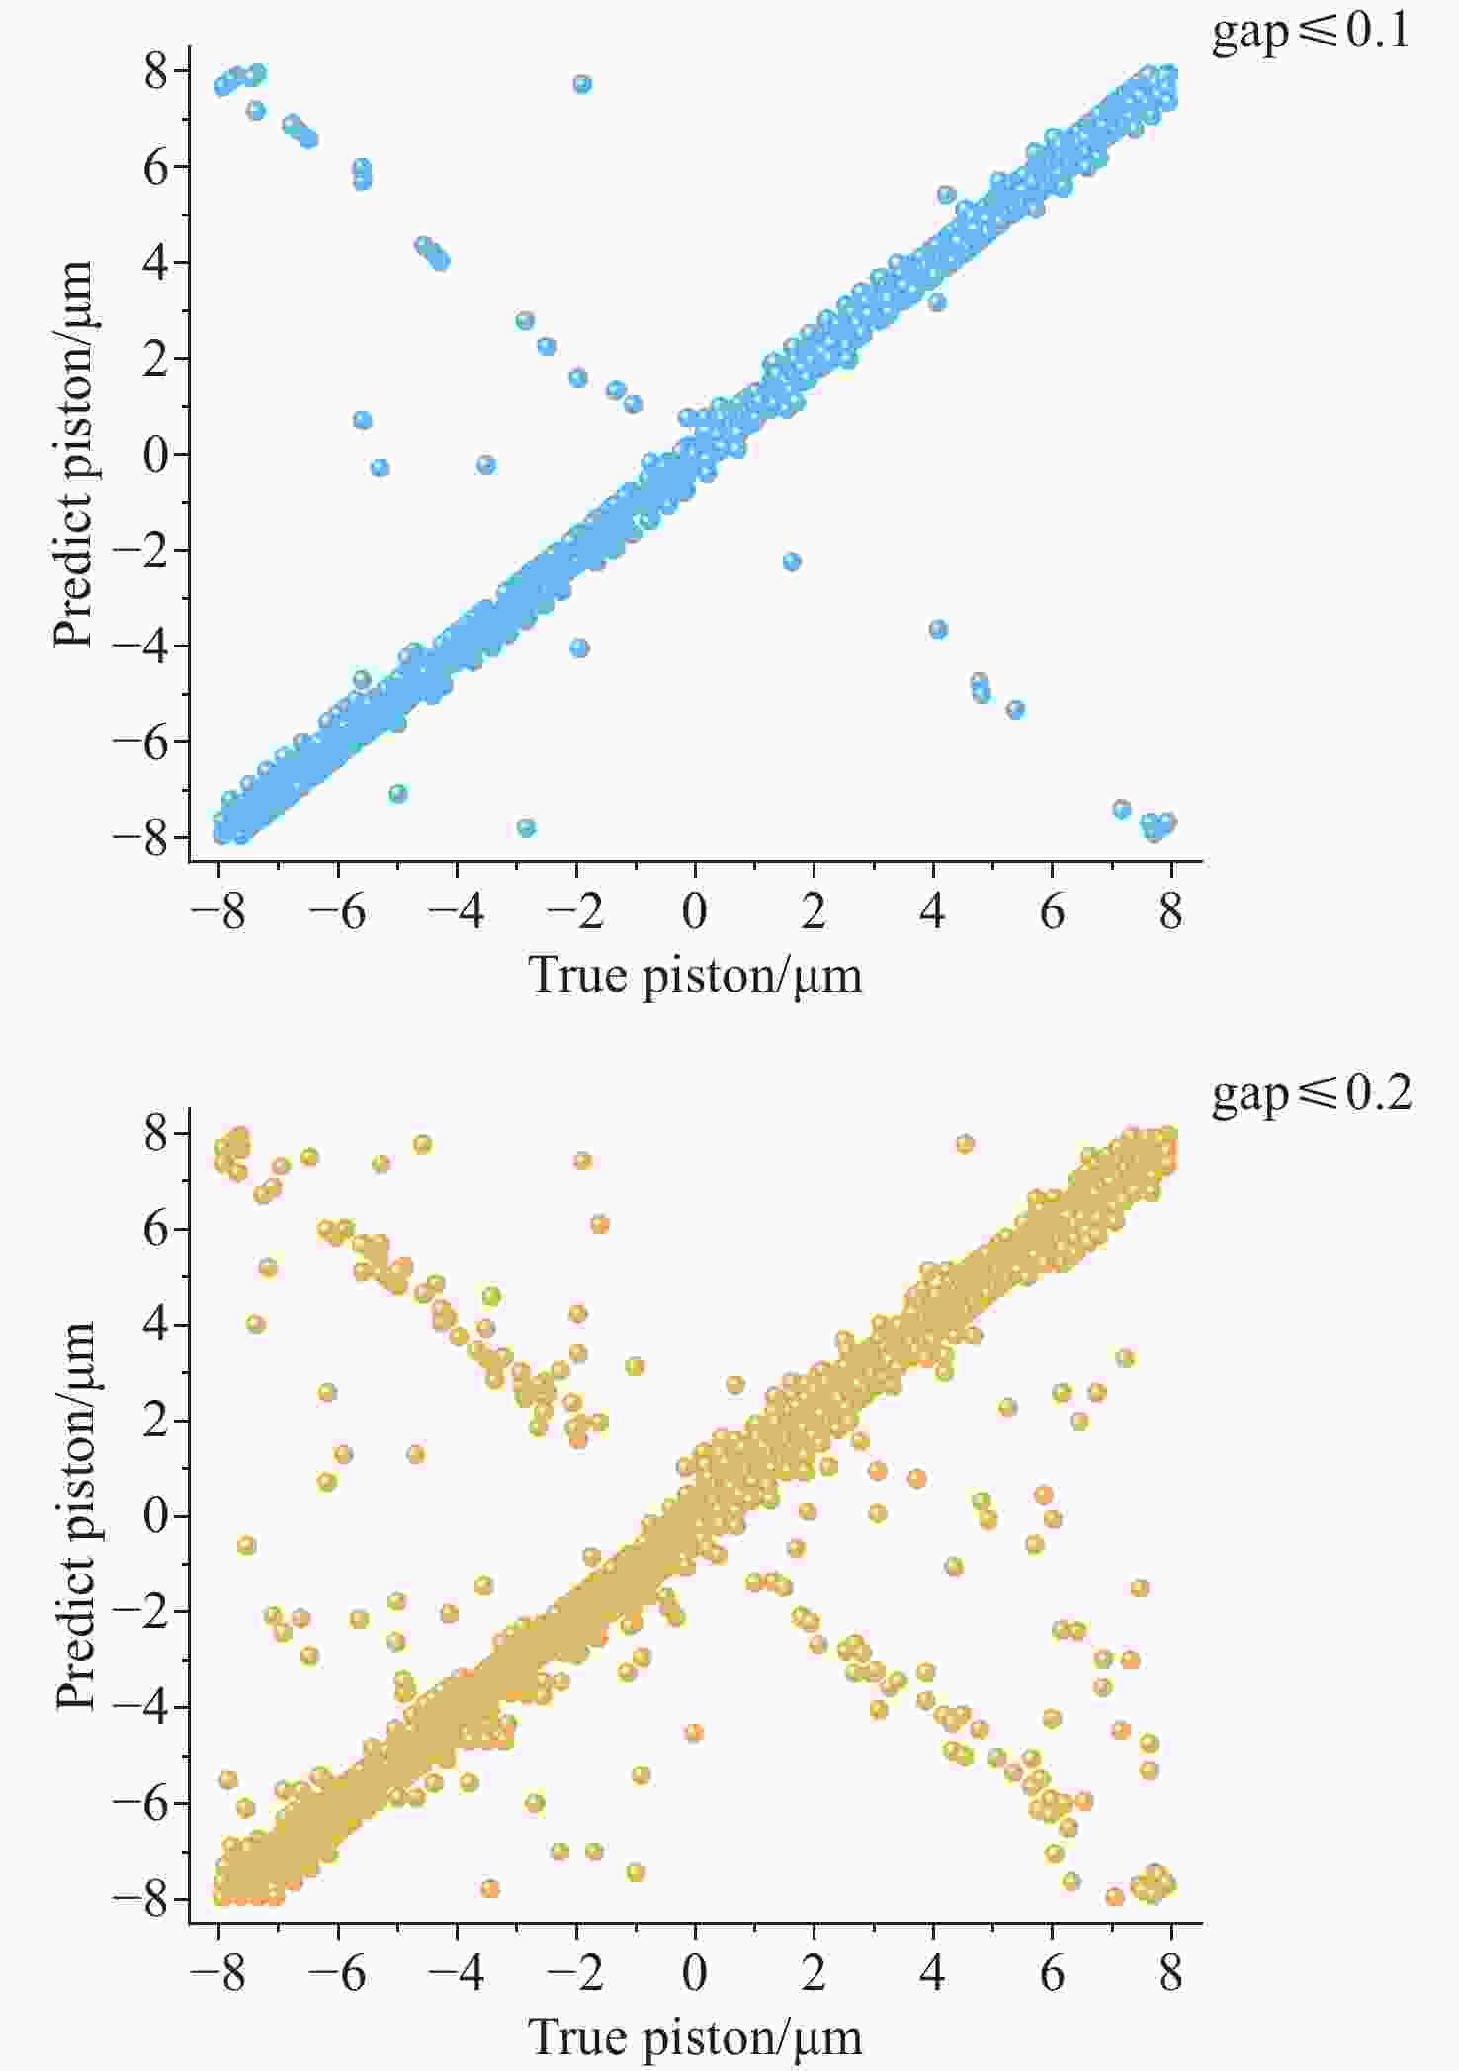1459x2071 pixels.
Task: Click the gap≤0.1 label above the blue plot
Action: pyautogui.click(x=1311, y=34)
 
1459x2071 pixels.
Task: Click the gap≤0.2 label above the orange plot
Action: pyautogui.click(x=1311, y=1093)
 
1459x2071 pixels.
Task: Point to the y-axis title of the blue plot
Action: pyautogui.click(x=73, y=455)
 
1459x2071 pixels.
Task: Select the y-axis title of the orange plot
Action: pyautogui.click(x=75, y=1514)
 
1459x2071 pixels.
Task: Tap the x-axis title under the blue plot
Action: pyautogui.click(x=696, y=976)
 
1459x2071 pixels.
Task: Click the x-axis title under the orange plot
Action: pyautogui.click(x=696, y=2036)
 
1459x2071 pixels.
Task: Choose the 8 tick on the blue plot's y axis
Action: pyautogui.click(x=156, y=71)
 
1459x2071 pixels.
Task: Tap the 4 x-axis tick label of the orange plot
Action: pyautogui.click(x=933, y=1973)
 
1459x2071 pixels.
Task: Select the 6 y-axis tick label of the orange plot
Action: pyautogui.click(x=156, y=1228)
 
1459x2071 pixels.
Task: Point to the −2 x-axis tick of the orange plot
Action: pyautogui.click(x=575, y=1973)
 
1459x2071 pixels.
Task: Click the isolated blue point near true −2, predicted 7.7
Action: pyautogui.click(x=582, y=84)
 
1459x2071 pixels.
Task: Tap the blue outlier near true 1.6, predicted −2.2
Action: pyautogui.click(x=791, y=561)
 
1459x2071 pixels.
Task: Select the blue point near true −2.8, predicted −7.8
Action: pyautogui.click(x=526, y=827)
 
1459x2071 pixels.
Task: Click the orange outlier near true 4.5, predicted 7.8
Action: pyautogui.click(x=965, y=1144)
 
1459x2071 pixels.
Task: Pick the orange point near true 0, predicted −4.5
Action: pyautogui.click(x=693, y=1733)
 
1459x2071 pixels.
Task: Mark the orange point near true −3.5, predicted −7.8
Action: pyautogui.click(x=489, y=1889)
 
